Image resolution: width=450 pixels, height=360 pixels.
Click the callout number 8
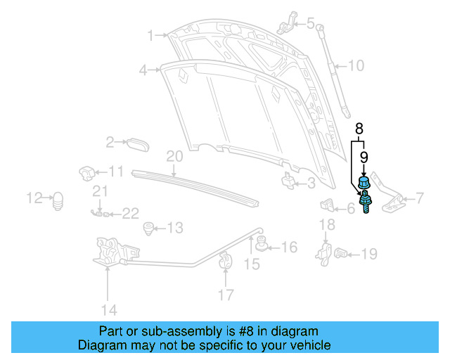coord(359,129)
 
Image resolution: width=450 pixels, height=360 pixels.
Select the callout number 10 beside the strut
coord(356,67)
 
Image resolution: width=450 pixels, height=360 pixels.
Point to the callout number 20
coord(174,156)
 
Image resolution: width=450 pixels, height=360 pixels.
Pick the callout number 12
coord(34,198)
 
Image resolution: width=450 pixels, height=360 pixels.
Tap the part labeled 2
coord(138,143)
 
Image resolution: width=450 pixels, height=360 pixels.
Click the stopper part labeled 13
coord(148,228)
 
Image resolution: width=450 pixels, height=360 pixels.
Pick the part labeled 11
coord(86,172)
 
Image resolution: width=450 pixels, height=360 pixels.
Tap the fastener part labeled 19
coord(342,252)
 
